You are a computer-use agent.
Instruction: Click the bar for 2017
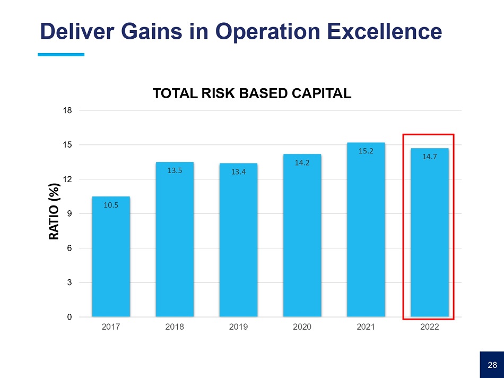(111, 257)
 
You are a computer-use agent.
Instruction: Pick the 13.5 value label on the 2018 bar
(175, 171)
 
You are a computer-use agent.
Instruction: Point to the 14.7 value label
(430, 157)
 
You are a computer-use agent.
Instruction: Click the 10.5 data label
(111, 205)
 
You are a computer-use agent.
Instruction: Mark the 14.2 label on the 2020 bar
(302, 163)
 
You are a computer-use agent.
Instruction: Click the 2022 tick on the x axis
(430, 327)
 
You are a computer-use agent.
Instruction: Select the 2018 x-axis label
(175, 327)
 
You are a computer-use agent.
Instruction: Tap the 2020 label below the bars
(302, 327)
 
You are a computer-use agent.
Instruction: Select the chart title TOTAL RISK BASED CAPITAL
(252, 94)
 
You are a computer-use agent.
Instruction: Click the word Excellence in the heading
(384, 31)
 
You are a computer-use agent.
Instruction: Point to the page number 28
(492, 365)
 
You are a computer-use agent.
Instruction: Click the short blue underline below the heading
(62, 54)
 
